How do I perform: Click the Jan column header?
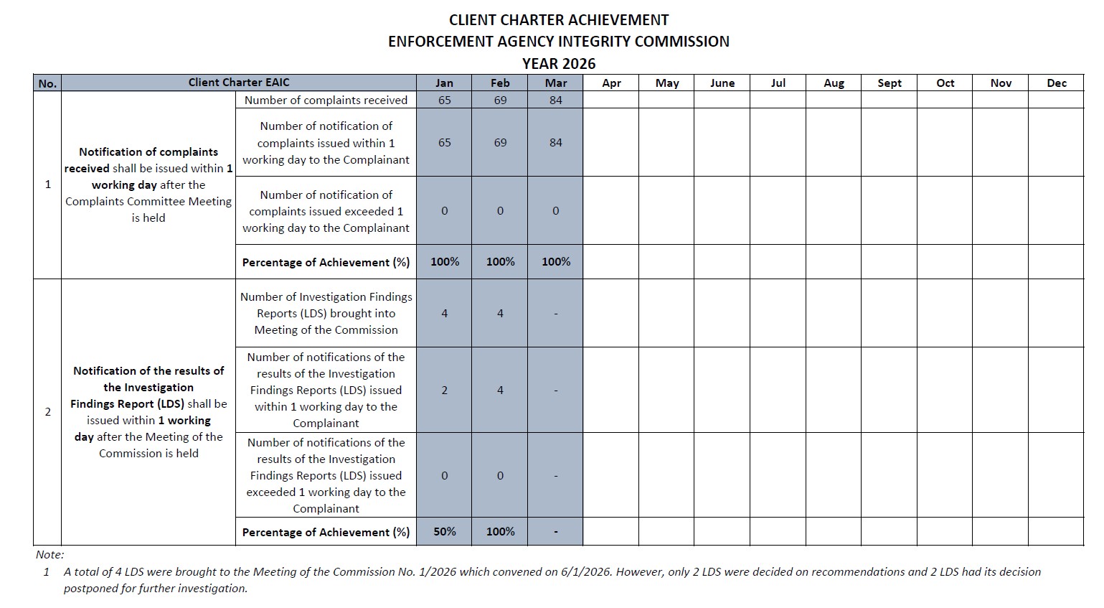(444, 83)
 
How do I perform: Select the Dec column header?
(1056, 83)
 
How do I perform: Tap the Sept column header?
(889, 83)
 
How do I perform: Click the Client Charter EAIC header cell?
(239, 82)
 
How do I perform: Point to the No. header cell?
(47, 83)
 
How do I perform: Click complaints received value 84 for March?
(555, 100)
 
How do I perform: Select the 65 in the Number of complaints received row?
(444, 100)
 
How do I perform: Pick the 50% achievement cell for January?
(444, 531)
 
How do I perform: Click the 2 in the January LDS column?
(444, 390)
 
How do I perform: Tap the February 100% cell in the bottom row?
(500, 531)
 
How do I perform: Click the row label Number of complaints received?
(326, 100)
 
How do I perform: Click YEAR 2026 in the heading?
(559, 63)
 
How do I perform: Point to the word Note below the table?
(49, 554)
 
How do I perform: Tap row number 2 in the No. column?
(48, 412)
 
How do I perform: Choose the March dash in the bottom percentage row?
(555, 532)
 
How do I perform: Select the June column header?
(722, 83)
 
